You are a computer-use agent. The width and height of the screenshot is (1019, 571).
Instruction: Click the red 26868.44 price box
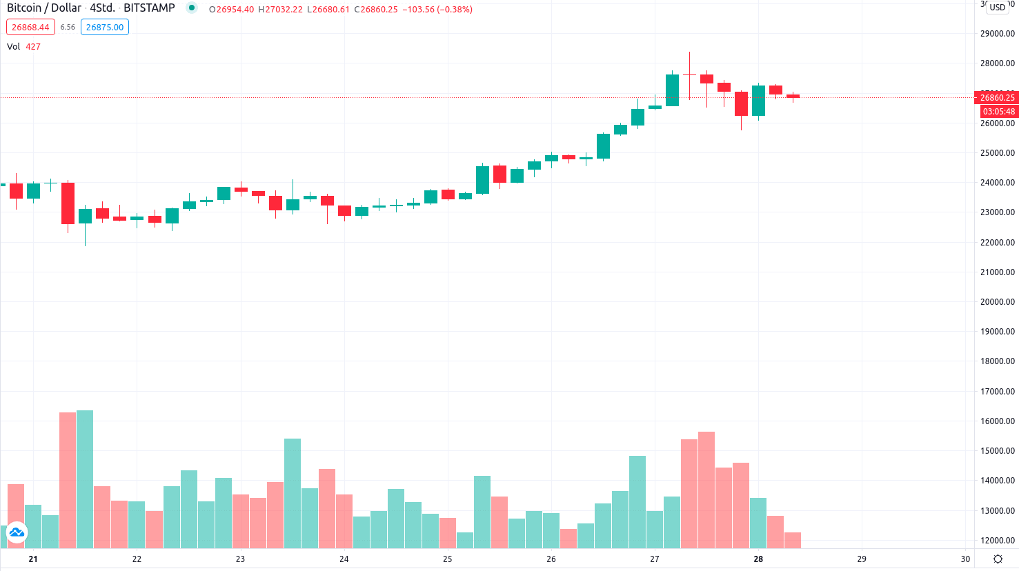[x=30, y=28]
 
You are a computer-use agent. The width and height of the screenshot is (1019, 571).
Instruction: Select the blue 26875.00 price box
[x=105, y=28]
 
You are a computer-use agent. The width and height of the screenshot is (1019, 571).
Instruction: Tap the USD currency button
[x=998, y=8]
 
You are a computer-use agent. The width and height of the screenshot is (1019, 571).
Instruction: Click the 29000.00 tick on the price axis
[x=997, y=34]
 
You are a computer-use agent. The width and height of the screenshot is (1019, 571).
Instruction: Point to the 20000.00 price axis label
[x=997, y=302]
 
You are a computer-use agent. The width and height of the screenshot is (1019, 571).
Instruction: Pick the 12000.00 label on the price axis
[x=997, y=541]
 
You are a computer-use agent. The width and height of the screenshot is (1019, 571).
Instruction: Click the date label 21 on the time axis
[x=33, y=559]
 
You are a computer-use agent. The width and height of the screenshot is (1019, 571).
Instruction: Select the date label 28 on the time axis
[x=758, y=559]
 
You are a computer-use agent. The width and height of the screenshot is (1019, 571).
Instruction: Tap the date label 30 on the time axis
[x=965, y=559]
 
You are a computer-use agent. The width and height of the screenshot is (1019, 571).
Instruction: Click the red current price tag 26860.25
[x=997, y=98]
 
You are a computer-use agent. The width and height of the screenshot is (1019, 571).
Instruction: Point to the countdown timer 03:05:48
[x=998, y=112]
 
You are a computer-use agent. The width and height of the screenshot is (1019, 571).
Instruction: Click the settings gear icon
[x=998, y=559]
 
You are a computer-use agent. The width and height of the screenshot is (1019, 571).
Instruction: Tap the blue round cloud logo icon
[x=17, y=532]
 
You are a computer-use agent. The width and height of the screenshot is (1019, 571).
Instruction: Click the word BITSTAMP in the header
[x=149, y=8]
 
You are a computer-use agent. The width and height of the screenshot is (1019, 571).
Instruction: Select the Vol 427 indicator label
[x=23, y=47]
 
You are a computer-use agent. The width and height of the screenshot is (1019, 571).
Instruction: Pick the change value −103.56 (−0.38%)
[x=437, y=10]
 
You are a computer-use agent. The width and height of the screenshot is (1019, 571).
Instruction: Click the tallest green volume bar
[x=85, y=479]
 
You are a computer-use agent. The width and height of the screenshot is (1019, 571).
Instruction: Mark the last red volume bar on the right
[x=792, y=540]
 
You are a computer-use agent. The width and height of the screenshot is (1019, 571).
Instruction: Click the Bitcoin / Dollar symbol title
[x=44, y=8]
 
